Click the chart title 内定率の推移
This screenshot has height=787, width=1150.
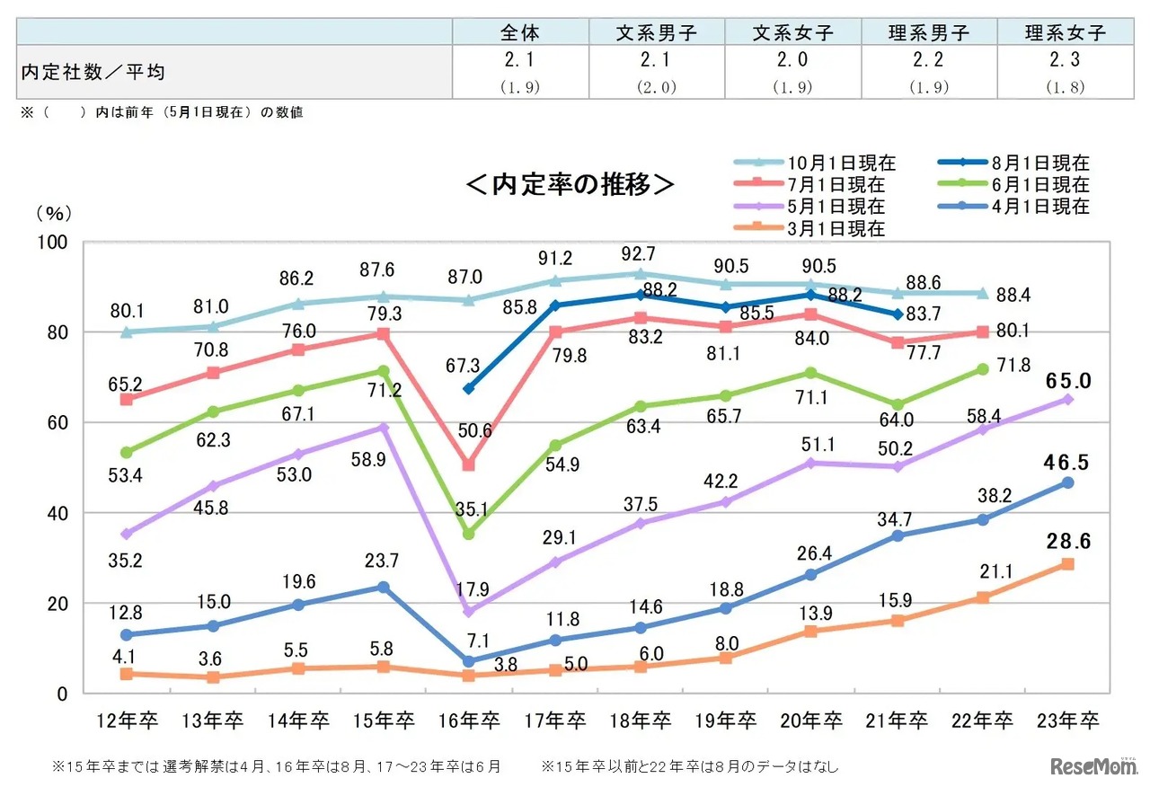pyautogui.click(x=570, y=184)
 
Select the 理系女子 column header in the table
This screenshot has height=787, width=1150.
pyautogui.click(x=1065, y=33)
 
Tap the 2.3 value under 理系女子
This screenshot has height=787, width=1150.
pyautogui.click(x=1065, y=60)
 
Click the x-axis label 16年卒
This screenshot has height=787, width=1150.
pyautogui.click(x=468, y=721)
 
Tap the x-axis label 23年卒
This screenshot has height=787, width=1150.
pyautogui.click(x=1066, y=721)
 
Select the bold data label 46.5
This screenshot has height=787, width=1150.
pyautogui.click(x=1066, y=464)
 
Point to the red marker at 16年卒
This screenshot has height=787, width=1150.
pyautogui.click(x=468, y=464)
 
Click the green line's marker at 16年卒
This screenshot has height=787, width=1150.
pyautogui.click(x=468, y=535)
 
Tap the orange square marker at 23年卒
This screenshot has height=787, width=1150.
pyautogui.click(x=1067, y=564)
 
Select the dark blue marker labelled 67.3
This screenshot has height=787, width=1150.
pyautogui.click(x=468, y=389)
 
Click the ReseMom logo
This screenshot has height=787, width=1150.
pyautogui.click(x=1092, y=765)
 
